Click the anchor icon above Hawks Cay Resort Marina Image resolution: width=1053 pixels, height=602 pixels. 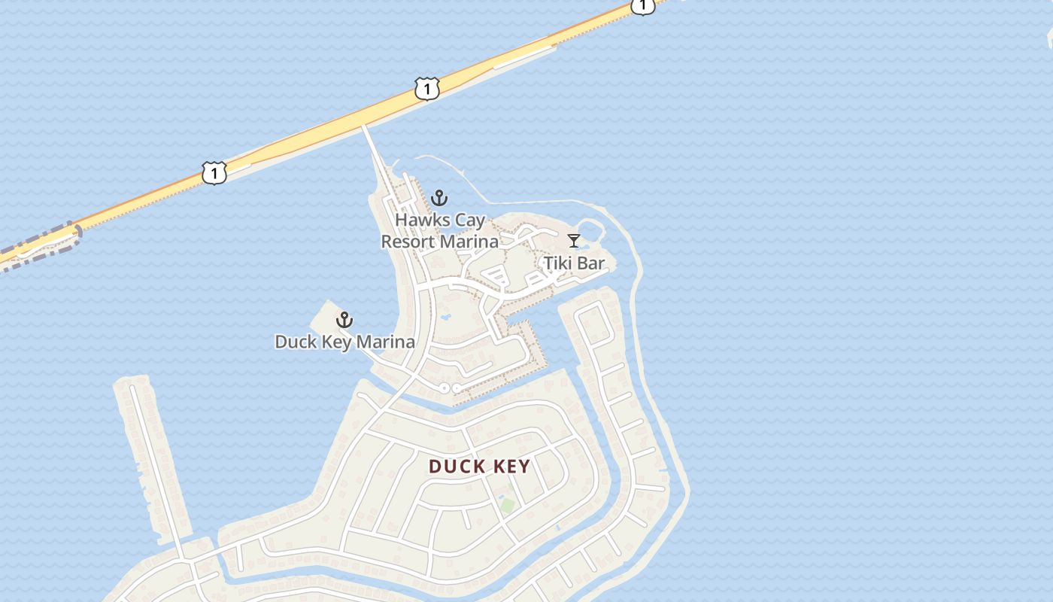tap(439, 199)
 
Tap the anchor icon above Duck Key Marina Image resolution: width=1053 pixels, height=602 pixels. tap(344, 320)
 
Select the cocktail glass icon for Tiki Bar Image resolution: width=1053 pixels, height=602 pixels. tap(574, 241)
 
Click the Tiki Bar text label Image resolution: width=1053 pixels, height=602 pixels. tap(574, 263)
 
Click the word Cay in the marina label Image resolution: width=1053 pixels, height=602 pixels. tap(468, 220)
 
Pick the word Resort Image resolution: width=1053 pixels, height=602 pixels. tap(407, 242)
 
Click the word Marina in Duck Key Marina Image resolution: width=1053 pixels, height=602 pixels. tap(385, 342)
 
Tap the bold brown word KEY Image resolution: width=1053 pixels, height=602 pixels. tap(511, 467)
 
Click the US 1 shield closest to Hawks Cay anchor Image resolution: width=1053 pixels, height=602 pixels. tap(426, 90)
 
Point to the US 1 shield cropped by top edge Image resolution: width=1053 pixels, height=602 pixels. tap(642, 6)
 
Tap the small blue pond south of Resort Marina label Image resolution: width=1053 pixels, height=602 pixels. tap(445, 318)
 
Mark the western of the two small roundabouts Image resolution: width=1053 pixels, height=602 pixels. tap(445, 388)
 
